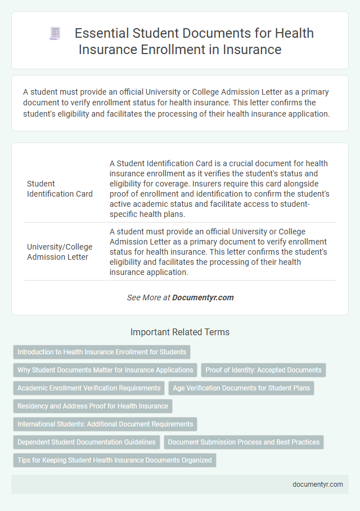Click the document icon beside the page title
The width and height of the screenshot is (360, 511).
[x=55, y=34]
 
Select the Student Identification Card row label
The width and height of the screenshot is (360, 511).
[x=60, y=189]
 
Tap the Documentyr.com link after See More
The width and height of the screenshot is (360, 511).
[x=203, y=297]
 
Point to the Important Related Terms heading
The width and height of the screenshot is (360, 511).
[x=180, y=332]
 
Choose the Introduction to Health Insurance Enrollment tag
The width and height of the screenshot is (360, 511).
[x=102, y=352]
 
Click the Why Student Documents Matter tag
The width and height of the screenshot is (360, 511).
[x=105, y=370]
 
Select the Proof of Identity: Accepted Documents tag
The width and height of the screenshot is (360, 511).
[x=263, y=370]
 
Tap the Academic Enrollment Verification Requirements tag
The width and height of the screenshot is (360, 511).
[x=89, y=388]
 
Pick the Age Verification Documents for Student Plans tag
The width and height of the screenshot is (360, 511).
[x=241, y=388]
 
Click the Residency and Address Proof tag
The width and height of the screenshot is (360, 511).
[x=93, y=406]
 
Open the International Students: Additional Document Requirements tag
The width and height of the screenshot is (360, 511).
[x=105, y=424]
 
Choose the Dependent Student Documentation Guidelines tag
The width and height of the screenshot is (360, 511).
[x=87, y=442]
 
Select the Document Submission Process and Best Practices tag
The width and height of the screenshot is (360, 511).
[x=244, y=442]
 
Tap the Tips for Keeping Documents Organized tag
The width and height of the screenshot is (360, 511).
[x=115, y=460]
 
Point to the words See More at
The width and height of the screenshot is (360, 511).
[x=148, y=297]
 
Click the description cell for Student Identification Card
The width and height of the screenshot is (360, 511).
[x=219, y=189]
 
